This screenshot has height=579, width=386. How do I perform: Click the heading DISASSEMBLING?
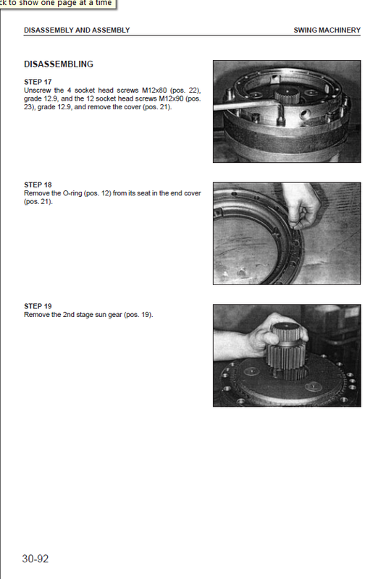click(59, 64)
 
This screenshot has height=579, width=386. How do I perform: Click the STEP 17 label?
click(38, 82)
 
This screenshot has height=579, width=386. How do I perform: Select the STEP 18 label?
click(38, 185)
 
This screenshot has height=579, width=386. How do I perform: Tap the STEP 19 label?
click(38, 306)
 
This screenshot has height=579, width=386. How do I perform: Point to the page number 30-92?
click(35, 559)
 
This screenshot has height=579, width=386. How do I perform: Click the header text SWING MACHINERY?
click(327, 30)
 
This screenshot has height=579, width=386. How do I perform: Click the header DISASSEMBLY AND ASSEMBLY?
click(77, 30)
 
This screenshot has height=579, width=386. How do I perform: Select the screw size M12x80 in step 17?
click(154, 90)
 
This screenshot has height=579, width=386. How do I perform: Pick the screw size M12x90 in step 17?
click(171, 99)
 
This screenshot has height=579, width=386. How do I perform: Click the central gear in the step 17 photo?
click(288, 97)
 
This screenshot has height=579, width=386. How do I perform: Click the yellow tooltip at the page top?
click(58, 4)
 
